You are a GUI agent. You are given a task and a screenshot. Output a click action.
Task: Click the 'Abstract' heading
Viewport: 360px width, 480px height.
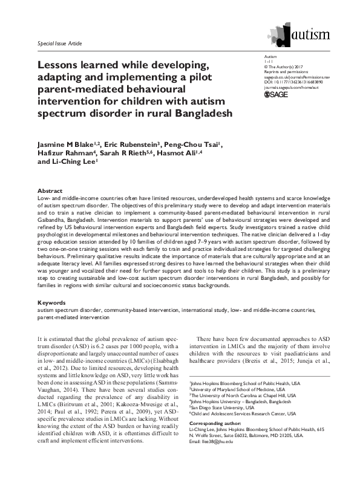point(50,190)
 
